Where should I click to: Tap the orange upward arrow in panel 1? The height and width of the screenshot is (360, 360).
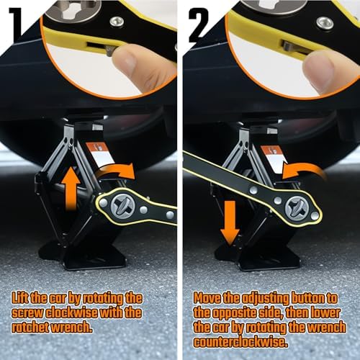pos(71,188)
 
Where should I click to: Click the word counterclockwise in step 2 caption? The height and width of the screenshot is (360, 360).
pos(240,342)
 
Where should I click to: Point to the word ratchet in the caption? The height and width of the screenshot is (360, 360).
pos(30,328)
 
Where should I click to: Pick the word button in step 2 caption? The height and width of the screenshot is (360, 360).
pos(307,298)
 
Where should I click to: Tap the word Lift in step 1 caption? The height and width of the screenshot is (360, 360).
pos(20,298)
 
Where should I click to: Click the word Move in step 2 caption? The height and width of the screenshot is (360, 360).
pos(207,298)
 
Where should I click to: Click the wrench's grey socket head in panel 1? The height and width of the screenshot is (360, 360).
pos(122,207)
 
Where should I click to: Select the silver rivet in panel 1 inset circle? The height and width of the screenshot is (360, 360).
pos(117,22)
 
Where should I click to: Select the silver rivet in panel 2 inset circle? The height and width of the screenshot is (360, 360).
pos(325,23)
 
